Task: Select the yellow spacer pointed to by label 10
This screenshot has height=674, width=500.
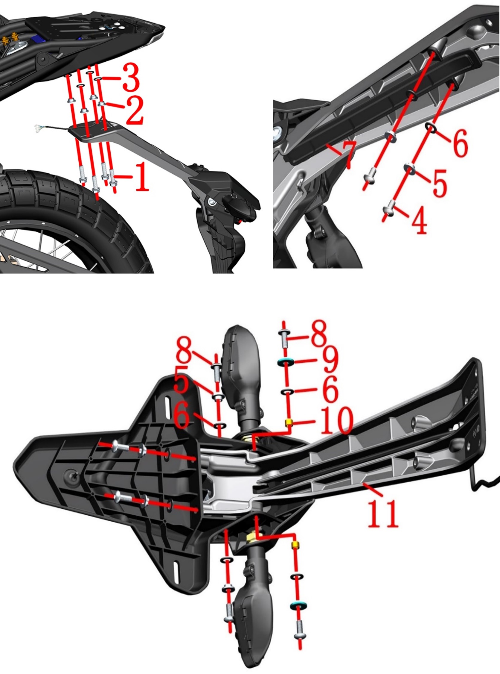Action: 289,422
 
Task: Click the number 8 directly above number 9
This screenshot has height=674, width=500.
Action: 318,333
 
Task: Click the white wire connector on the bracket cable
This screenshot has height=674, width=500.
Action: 38,128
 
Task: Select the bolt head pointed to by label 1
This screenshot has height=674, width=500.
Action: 114,183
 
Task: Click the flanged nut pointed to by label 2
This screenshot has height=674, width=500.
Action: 102,104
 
